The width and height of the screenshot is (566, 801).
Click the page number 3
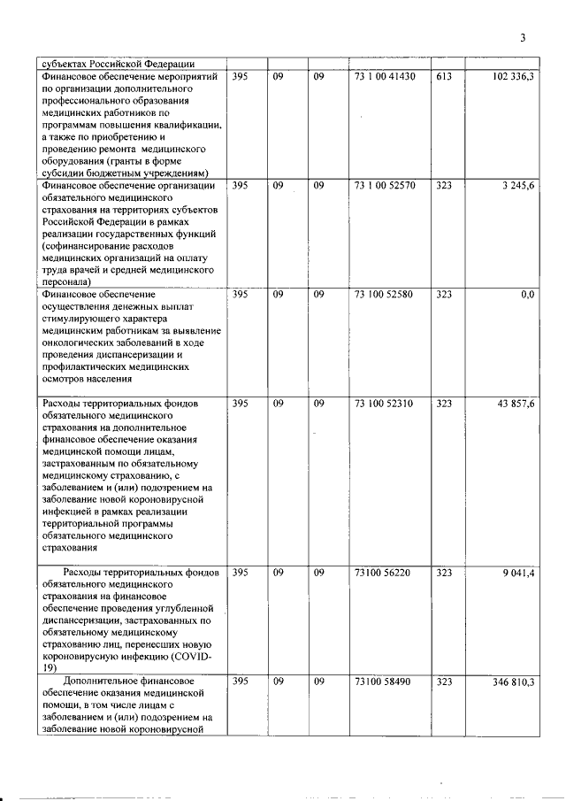[523, 38]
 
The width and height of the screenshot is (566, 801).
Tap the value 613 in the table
[444, 78]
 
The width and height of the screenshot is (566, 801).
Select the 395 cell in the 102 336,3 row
[240, 78]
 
